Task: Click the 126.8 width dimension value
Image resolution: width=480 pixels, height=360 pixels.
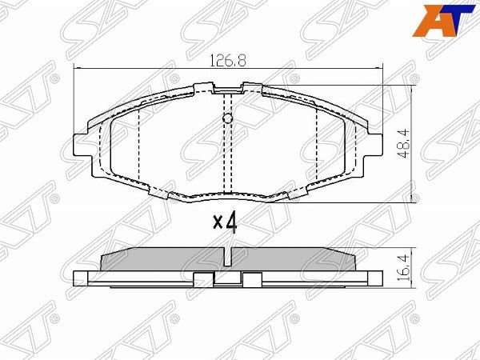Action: click(228, 61)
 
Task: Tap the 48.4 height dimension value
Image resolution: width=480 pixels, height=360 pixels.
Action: click(404, 143)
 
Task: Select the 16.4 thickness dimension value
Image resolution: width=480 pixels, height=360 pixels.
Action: click(404, 269)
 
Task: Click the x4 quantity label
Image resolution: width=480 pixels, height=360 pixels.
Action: click(225, 223)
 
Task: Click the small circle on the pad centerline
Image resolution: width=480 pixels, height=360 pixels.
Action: click(227, 118)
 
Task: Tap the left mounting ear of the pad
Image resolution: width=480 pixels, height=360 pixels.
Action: click(82, 146)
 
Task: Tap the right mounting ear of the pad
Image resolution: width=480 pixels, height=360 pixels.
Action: click(374, 145)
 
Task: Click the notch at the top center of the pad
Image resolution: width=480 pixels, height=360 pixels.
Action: click(228, 88)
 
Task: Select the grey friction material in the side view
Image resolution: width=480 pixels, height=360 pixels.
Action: click(228, 259)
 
